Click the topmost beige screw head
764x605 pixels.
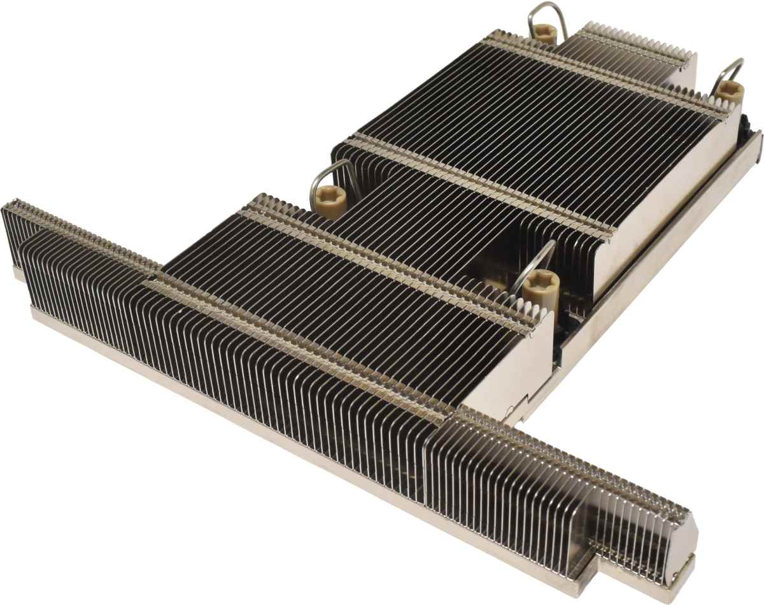[x=544, y=33]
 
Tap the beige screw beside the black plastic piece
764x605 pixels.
[x=729, y=92]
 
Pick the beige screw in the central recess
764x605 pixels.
[x=540, y=284]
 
